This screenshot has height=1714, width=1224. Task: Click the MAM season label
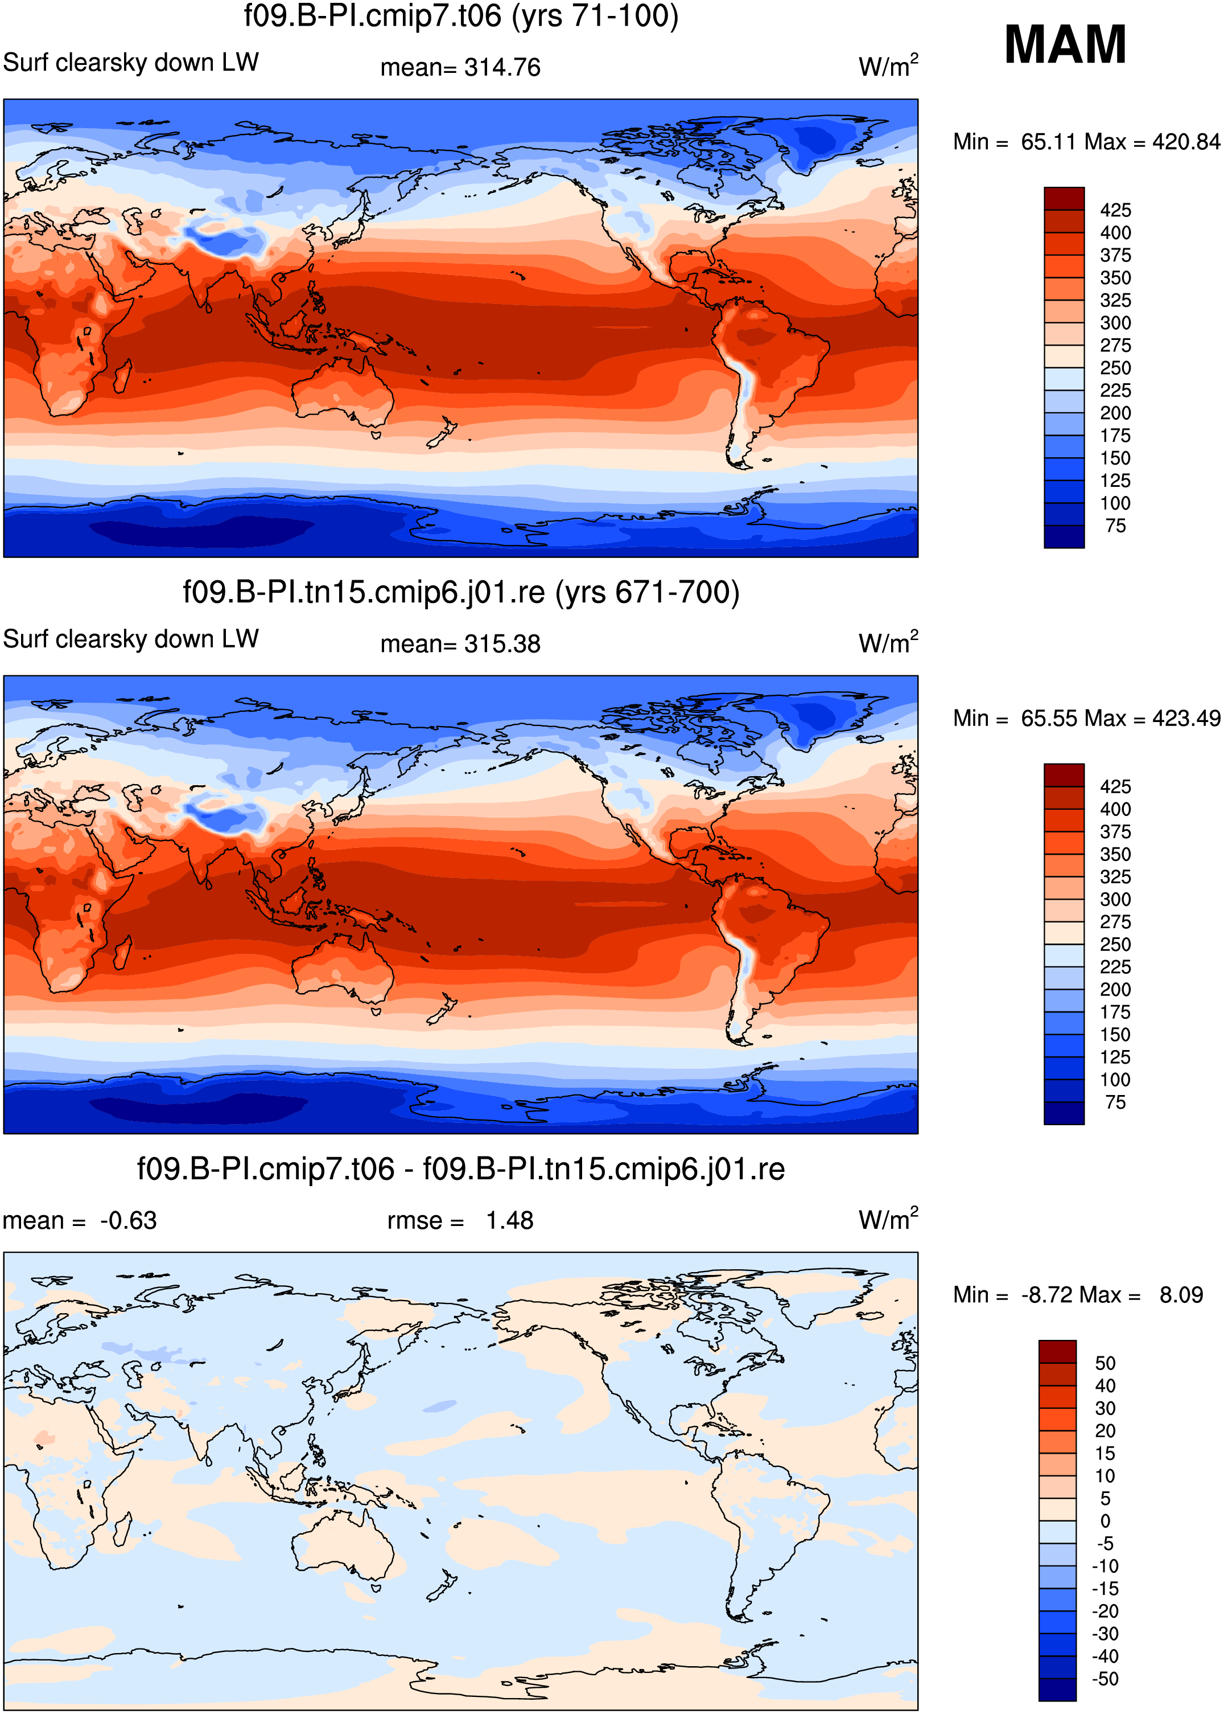pyautogui.click(x=1065, y=44)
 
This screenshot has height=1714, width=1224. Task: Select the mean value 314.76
pyautogui.click(x=502, y=68)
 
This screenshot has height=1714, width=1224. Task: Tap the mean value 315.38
pyautogui.click(x=502, y=644)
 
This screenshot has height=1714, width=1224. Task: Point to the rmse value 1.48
pyautogui.click(x=509, y=1221)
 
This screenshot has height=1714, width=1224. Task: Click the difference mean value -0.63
pyautogui.click(x=128, y=1221)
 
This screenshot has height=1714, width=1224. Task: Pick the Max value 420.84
pyautogui.click(x=1185, y=142)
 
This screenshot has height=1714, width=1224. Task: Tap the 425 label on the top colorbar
pyautogui.click(x=1115, y=210)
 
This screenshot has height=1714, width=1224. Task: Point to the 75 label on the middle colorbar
pyautogui.click(x=1115, y=1102)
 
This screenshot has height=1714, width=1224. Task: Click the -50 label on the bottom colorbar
pyautogui.click(x=1105, y=1679)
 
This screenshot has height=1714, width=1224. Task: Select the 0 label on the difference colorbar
pyautogui.click(x=1105, y=1521)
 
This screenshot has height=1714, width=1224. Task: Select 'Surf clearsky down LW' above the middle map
pyautogui.click(x=131, y=639)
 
